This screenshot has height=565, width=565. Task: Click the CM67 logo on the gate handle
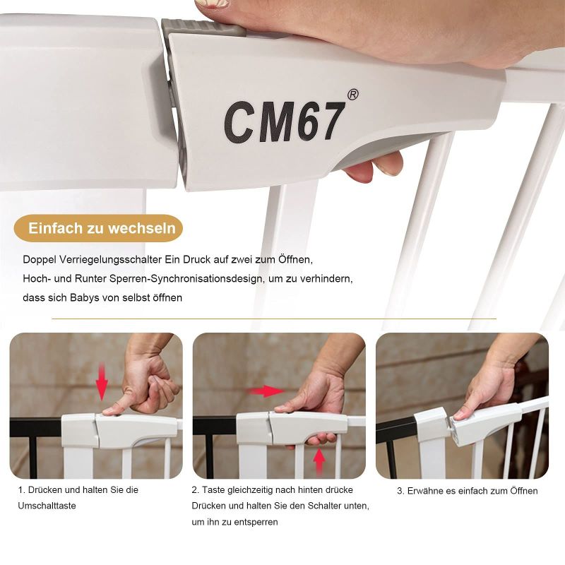[283, 121]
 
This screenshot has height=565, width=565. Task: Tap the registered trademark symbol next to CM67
[352, 95]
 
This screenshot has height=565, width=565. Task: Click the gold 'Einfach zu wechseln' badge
[98, 228]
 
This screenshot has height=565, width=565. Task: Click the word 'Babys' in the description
[84, 297]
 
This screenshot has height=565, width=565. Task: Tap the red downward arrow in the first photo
[102, 382]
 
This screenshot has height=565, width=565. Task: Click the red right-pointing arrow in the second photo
[266, 391]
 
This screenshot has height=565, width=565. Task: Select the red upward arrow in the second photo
[319, 461]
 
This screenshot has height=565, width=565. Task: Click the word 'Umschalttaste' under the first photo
[47, 506]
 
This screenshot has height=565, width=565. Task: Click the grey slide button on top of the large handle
[203, 27]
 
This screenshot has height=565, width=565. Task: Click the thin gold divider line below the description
[274, 319]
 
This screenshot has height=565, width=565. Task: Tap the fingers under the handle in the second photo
[320, 439]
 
